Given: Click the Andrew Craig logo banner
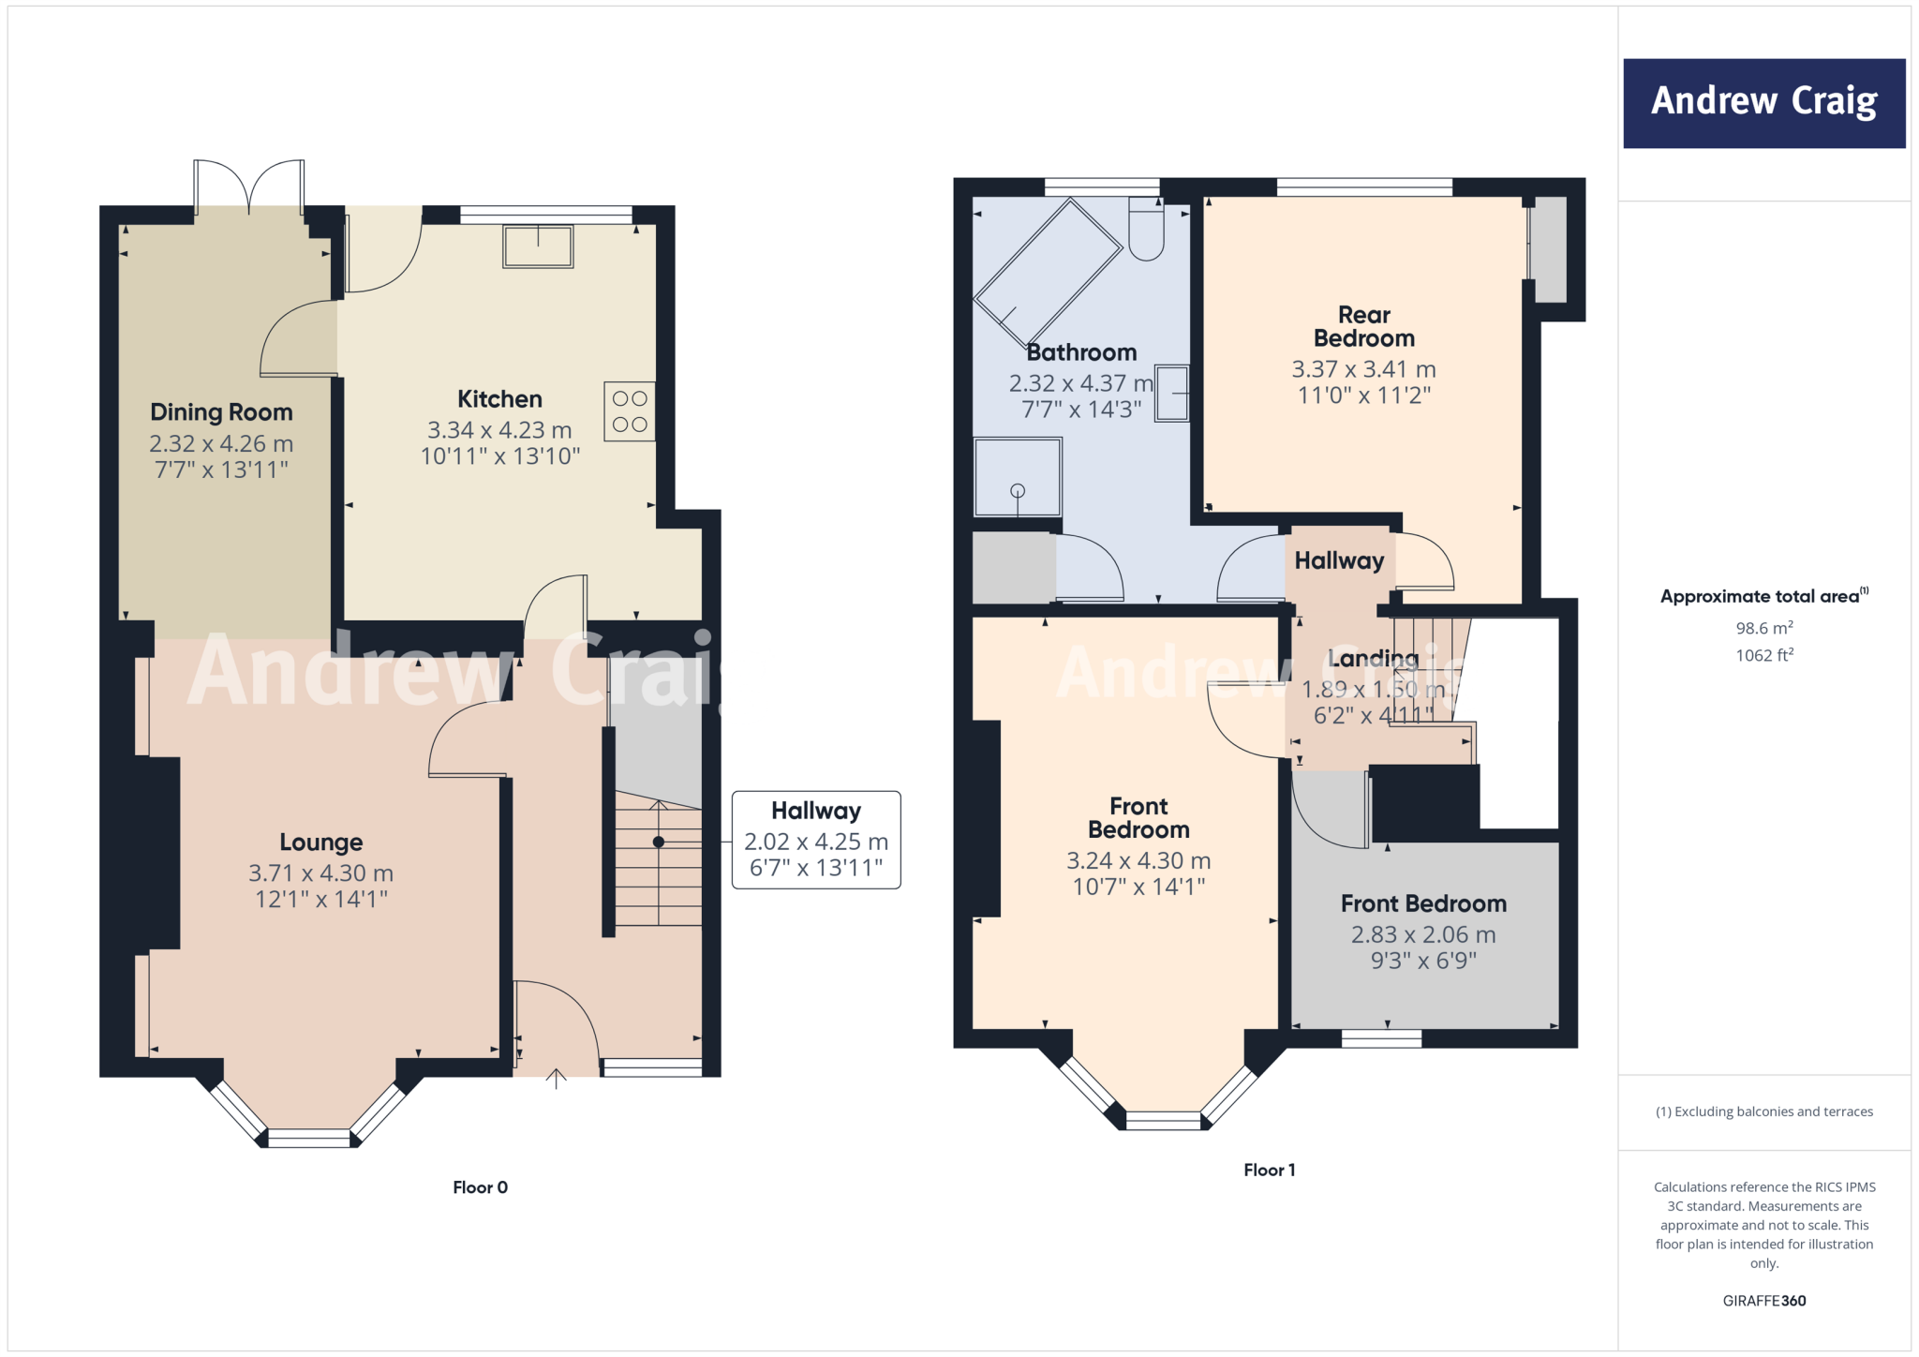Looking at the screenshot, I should point(1763,103).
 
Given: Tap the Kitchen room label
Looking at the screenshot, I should point(499,399).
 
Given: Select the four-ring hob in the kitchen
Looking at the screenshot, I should point(629,411).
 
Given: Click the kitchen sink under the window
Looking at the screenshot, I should point(538,246).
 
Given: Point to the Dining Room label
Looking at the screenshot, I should point(221,412).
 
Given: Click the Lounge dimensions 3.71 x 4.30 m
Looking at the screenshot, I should point(320,873).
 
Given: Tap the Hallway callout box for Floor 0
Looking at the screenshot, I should point(815,840).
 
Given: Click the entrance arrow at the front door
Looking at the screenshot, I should point(557,1079).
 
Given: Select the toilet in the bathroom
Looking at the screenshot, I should point(1146,231).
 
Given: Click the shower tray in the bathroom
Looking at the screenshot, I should point(1018,477).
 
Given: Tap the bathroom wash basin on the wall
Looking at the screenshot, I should point(1171,394).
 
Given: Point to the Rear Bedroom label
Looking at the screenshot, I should point(1363,326).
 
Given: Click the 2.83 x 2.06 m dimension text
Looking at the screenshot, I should point(1422,934).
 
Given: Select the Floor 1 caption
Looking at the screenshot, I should point(1269,1170).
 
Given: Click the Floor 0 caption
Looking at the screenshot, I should point(480,1187).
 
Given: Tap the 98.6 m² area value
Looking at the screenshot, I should point(1763,628).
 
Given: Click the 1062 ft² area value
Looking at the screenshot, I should point(1763,655).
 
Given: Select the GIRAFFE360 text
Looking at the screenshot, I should point(1763,1301).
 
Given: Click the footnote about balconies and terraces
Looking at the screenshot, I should point(1763,1111).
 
